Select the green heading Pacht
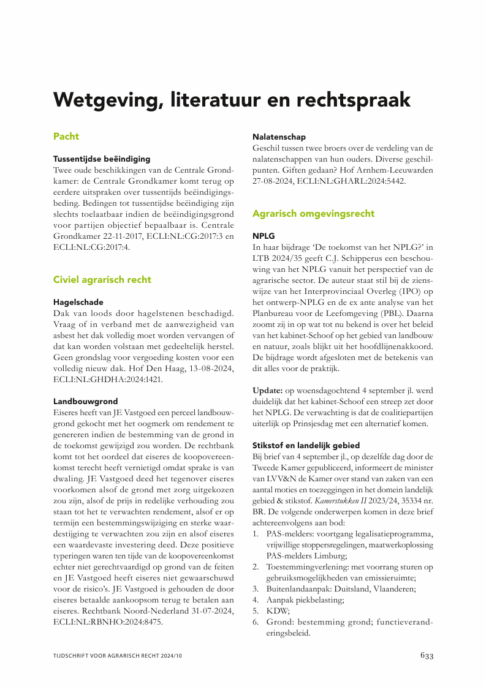[x=66, y=136]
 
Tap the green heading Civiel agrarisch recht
[x=102, y=279]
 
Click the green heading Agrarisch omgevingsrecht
[x=313, y=214]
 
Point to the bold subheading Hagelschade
[x=78, y=302]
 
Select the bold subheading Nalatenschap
[x=279, y=137]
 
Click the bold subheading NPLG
[x=264, y=236]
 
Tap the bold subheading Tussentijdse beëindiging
[x=102, y=159]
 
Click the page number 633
[x=427, y=655]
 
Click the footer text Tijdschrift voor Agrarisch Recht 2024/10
[x=118, y=656]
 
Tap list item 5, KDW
[x=276, y=611]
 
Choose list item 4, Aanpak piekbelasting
[x=305, y=600]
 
